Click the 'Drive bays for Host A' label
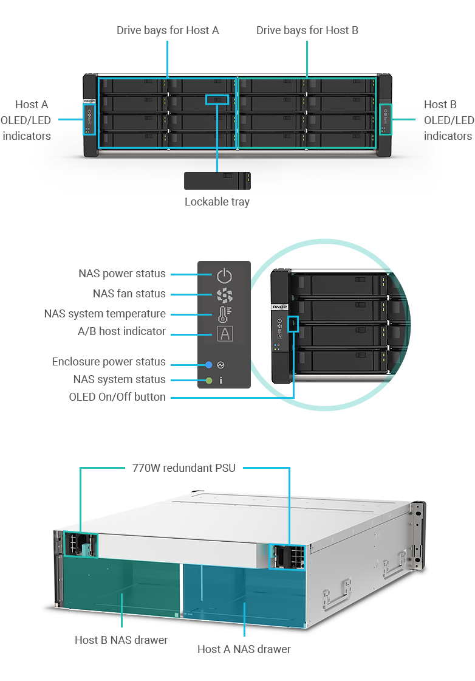coord(168,30)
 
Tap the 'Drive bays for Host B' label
coord(307,30)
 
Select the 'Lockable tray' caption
coord(217,202)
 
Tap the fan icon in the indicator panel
coord(224,296)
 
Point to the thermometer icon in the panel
coord(224,314)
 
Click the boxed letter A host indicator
coord(224,334)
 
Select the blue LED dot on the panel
coord(208,365)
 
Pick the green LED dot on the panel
coord(208,381)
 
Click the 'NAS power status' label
coord(121,274)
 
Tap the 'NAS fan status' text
coord(129,294)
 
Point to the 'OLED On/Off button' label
coord(117,397)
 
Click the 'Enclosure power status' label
coord(108,362)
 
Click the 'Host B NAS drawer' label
coord(121,640)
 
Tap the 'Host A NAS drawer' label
coord(244,649)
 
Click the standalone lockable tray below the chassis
coord(217,181)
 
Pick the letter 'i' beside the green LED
coord(221,381)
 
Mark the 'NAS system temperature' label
coord(105,314)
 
